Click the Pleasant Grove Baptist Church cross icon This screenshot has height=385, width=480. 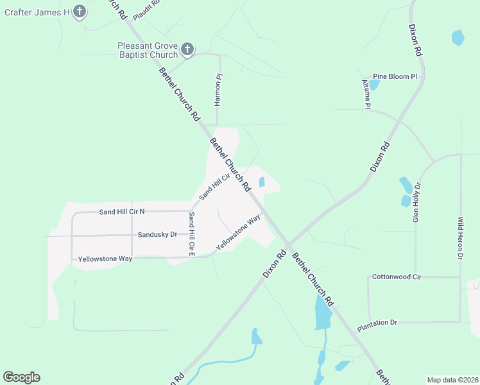coord(187,49)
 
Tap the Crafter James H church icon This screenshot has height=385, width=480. coord(79,11)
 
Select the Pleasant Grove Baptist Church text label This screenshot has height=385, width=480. coord(146,50)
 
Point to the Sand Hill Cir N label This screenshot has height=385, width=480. coord(122,211)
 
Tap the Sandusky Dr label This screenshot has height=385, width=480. coord(157,235)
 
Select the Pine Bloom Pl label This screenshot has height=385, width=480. coord(395,76)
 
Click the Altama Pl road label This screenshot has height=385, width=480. coord(366,94)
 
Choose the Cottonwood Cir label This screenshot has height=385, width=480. coord(397,277)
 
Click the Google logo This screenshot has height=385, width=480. coord(21,377)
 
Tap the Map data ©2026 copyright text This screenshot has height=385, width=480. coord(452,380)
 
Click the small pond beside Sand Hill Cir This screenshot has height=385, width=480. coord(262,182)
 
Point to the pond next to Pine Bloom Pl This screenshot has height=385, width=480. coord(374,84)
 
